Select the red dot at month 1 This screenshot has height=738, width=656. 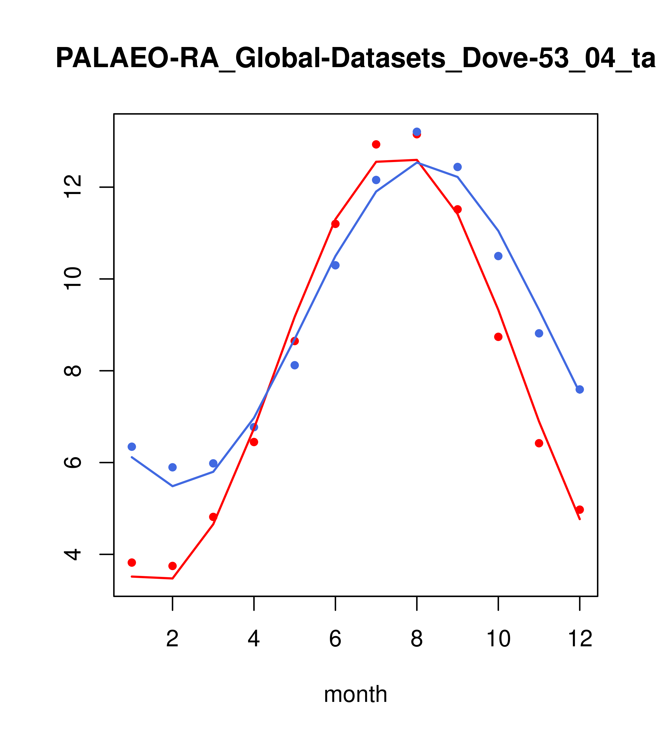[x=132, y=563]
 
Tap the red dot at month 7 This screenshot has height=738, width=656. [x=376, y=144]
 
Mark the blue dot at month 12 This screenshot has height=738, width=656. [x=580, y=390]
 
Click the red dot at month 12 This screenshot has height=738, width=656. [x=580, y=510]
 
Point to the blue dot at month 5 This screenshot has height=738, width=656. [x=295, y=365]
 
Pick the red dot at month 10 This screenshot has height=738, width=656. [x=498, y=337]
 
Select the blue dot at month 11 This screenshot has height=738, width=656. [x=539, y=333]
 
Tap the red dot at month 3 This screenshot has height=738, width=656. [x=213, y=517]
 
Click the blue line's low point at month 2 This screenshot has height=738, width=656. [x=173, y=486]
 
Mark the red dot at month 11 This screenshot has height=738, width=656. [x=539, y=443]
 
